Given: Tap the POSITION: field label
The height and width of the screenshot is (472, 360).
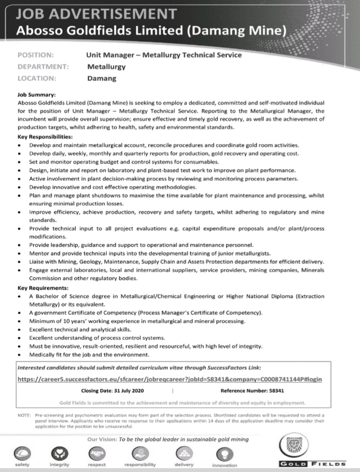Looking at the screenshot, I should (35, 55).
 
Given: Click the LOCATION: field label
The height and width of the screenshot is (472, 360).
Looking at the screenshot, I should (37, 78).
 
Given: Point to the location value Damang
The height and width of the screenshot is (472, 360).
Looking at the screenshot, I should (101, 78).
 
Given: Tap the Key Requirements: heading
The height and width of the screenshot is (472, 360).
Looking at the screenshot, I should (42, 288).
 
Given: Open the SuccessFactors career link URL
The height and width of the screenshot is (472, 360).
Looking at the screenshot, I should (170, 379).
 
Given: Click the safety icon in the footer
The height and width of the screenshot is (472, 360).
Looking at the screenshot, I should (22, 452).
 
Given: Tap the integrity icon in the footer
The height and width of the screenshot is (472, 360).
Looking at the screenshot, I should (58, 452).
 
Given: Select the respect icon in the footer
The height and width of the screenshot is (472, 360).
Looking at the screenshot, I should (96, 452).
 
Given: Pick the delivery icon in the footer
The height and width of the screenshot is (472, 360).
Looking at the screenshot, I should (183, 452).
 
